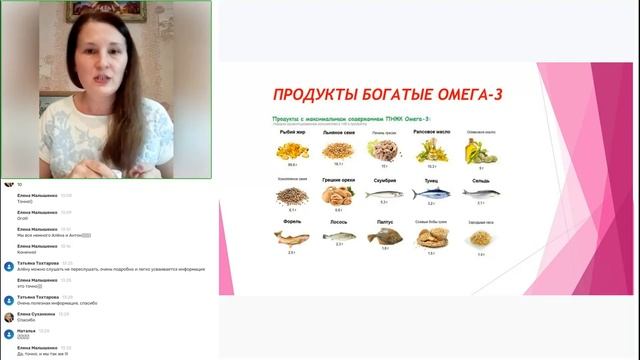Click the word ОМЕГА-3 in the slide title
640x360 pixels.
coord(438,95)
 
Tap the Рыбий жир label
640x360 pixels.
coord(293,131)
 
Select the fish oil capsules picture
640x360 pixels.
coord(293,150)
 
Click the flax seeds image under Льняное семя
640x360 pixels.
coord(338,150)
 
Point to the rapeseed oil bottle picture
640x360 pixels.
coord(431,149)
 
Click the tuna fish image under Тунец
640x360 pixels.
coord(431,194)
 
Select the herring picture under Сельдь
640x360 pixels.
coord(481,195)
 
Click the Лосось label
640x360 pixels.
coord(339,223)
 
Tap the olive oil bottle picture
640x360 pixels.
coord(481,150)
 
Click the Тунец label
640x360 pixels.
coord(431,180)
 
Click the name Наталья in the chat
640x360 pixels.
coord(26,330)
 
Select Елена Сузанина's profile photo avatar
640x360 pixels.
coord(8,316)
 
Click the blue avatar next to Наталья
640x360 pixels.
coord(8,333)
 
